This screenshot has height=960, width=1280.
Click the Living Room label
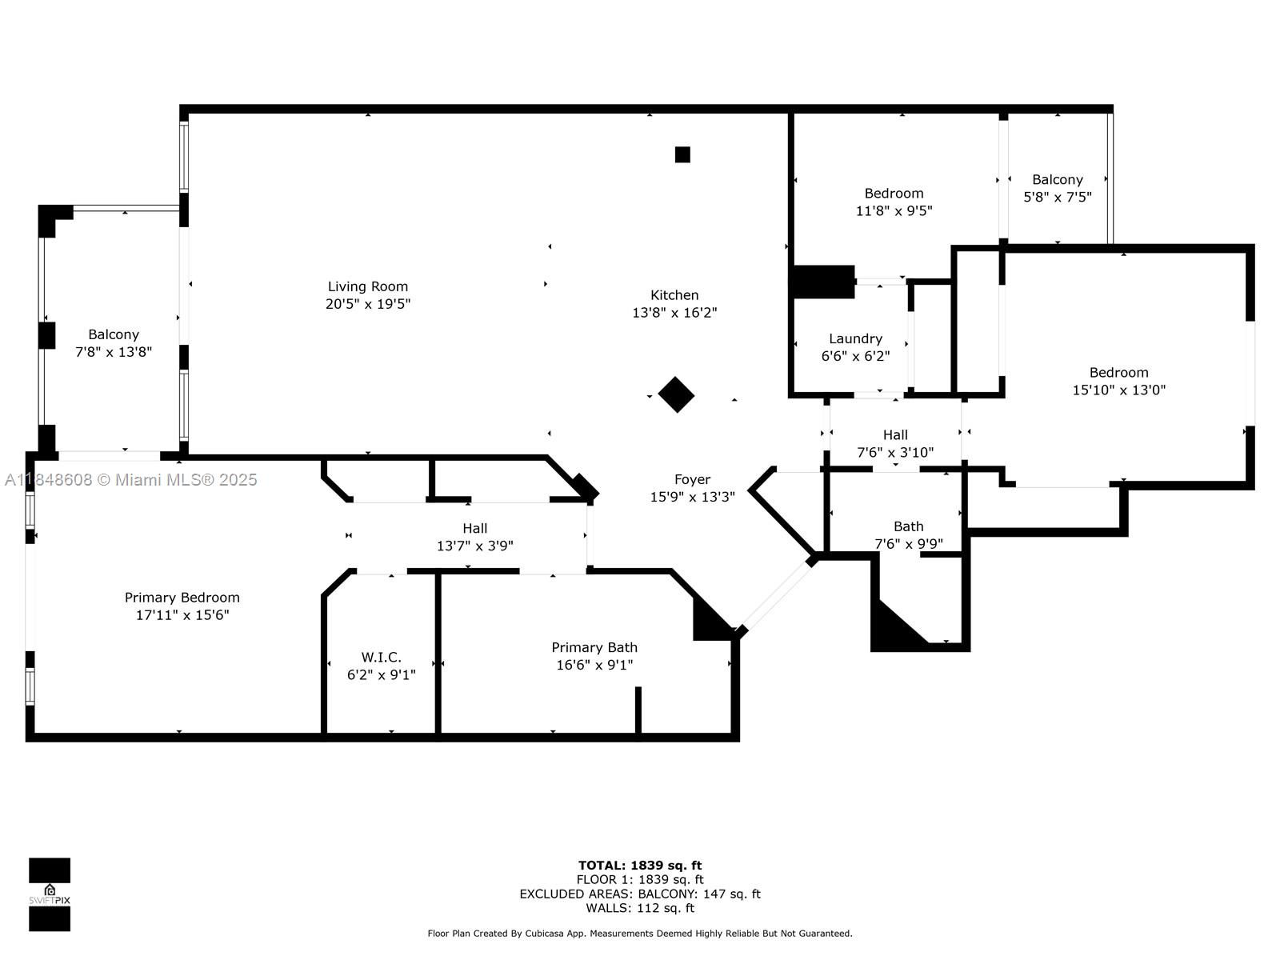tap(367, 286)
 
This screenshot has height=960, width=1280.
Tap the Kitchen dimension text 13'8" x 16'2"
tap(674, 313)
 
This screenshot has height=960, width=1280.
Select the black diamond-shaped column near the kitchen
tap(676, 394)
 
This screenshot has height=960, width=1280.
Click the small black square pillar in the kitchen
tap(682, 154)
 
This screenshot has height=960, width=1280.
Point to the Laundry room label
tap(855, 338)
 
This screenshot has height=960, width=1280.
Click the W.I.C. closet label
tap(381, 658)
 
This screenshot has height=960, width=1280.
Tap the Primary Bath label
tap(594, 647)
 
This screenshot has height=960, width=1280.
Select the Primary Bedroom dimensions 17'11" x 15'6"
tap(182, 615)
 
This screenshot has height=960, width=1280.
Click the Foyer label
tap(692, 479)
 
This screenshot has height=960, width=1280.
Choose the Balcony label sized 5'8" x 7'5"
tap(1057, 180)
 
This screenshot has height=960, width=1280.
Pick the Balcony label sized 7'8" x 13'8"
tap(114, 334)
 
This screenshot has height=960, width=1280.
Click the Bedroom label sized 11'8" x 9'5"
tap(894, 194)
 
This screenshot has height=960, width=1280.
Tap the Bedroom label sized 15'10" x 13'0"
tap(1118, 373)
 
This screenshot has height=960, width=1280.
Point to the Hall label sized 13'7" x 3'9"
tap(474, 528)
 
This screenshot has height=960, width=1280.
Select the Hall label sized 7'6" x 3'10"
tap(895, 434)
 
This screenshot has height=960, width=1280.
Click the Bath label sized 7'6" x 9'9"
tap(908, 526)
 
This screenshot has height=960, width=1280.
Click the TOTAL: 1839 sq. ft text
tap(640, 865)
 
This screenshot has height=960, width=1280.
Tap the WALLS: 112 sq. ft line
tap(640, 908)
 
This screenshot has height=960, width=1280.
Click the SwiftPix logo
tap(50, 894)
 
